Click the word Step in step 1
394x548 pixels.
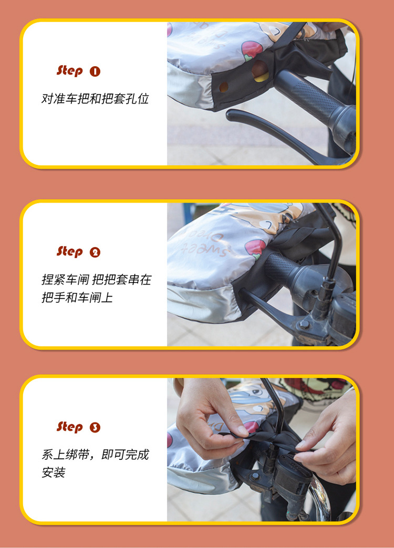pos(70,70)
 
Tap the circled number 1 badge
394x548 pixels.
pos(95,71)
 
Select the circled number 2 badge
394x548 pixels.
pos(95,252)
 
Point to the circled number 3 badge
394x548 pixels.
pos(95,427)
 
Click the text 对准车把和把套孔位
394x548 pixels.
pos(95,99)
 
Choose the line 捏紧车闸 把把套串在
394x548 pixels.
pos(96,280)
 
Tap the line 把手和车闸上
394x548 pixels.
pos(77,298)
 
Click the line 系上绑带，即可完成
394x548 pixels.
pos(95,455)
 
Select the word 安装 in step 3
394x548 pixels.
pos(54,473)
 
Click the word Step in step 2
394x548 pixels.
pos(70,251)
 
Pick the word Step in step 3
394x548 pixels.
pos(70,426)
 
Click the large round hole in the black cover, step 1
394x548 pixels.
pos(260,71)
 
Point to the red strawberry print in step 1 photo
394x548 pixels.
pos(252,51)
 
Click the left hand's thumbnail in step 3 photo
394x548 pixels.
pos(243,430)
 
